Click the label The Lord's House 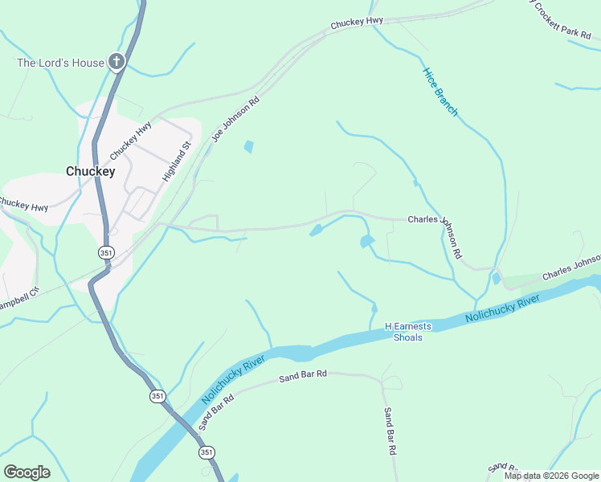point(61,63)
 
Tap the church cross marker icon point(117,62)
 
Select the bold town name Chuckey point(90,171)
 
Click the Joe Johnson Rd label point(236,120)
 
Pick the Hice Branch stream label point(440,92)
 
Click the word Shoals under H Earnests point(408,337)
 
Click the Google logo point(27,472)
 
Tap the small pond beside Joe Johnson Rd point(248,147)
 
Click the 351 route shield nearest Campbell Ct point(107,252)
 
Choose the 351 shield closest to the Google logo point(207,452)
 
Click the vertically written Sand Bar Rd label point(390,431)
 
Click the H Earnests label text point(408,326)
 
